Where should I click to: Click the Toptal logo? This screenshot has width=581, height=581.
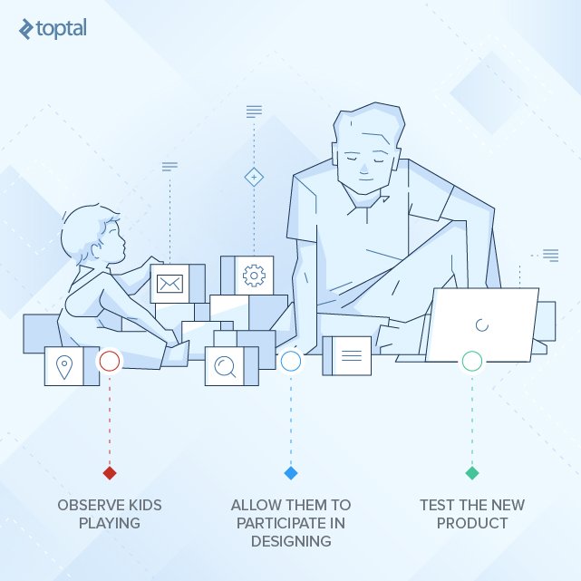[53, 29]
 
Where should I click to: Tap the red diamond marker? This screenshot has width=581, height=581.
[110, 473]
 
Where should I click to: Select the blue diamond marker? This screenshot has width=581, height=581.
[291, 473]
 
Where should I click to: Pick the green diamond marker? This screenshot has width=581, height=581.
[472, 473]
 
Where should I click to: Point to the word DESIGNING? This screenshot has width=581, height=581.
[291, 541]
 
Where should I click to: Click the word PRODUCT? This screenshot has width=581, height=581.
[472, 523]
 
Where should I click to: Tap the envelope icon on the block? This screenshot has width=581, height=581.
[169, 284]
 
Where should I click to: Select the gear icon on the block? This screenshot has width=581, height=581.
[254, 274]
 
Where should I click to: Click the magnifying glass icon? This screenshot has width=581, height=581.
[224, 365]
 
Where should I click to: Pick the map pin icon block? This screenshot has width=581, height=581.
[63, 366]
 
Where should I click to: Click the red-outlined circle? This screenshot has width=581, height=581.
[110, 362]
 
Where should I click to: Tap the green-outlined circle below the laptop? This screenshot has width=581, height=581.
[472, 362]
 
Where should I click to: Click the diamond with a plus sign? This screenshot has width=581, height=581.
[255, 177]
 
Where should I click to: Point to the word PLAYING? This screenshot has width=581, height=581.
[110, 523]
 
